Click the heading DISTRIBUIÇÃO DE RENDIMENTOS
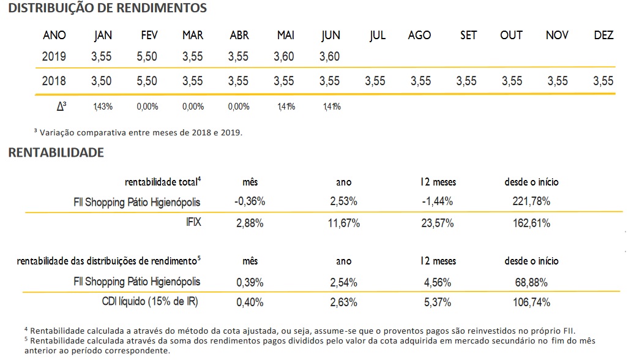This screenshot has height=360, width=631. tap(108, 9)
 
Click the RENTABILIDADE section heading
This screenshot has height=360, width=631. tap(56, 152)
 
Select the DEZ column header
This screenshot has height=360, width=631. tap(603, 35)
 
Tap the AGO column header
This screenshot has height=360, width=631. tap(419, 35)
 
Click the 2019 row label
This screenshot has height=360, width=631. tap(54, 57)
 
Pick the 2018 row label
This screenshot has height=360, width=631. tap(54, 81)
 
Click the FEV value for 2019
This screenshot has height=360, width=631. tap(147, 57)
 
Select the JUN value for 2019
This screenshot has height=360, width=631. tap(330, 57)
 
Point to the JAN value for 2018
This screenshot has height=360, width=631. tap(102, 81)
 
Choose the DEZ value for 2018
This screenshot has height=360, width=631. tap(603, 81)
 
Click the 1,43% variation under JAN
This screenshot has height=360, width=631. tap(103, 107)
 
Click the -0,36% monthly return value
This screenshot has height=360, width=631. tap(250, 201)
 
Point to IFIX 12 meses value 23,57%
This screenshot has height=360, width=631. tap(438, 223)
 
